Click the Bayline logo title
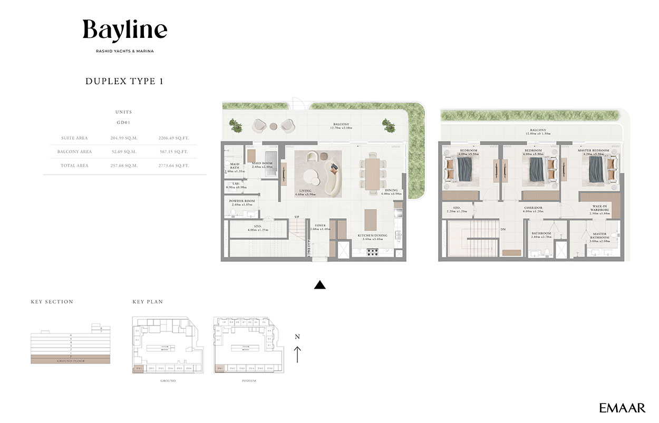[x=125, y=31]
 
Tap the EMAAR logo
[x=622, y=407]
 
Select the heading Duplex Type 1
[x=124, y=81]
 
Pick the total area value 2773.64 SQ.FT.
[x=173, y=165]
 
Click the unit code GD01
[x=123, y=122]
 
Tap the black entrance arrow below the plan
[x=319, y=285]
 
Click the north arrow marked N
[x=297, y=348]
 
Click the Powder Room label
[x=242, y=201]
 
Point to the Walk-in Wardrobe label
[x=599, y=209]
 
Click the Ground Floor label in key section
[x=71, y=361]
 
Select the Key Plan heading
[x=148, y=302]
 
